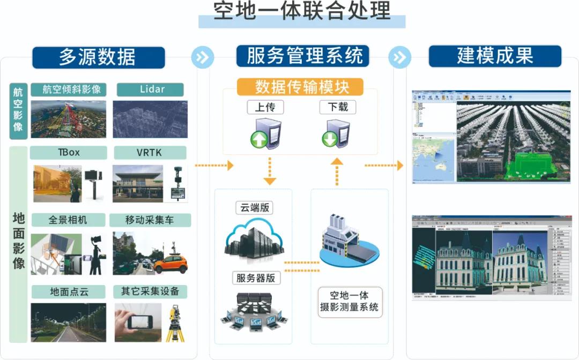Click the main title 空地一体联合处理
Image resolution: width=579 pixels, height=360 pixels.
coord(302,12)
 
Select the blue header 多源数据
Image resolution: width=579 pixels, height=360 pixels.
coord(98,57)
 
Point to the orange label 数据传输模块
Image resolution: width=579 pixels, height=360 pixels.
coord(300,87)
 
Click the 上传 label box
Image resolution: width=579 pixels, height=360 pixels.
coord(265,107)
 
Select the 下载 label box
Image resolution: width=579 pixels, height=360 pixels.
coord(337,107)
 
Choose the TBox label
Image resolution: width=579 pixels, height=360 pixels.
coord(68,153)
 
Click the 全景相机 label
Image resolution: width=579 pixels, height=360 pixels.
coord(68,220)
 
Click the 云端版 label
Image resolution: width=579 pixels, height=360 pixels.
coord(253,208)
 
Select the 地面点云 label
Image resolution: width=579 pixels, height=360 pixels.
coord(68,292)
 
